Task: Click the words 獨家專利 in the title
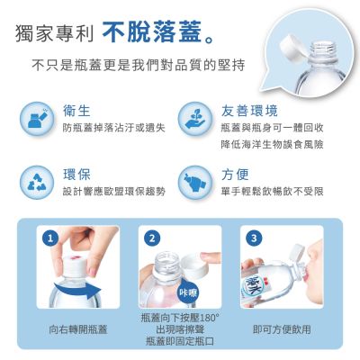[55, 33]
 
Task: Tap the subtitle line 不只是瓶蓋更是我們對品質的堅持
[139, 65]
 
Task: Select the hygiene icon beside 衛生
[37, 119]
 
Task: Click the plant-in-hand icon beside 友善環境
[195, 119]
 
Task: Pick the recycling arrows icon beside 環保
[37, 183]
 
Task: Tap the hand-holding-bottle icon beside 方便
[195, 183]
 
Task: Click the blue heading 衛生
[76, 111]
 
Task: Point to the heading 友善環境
[249, 111]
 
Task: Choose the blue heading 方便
[235, 175]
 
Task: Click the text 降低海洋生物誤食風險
[273, 144]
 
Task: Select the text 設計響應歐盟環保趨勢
[114, 191]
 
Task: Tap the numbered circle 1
[50, 238]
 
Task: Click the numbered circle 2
[152, 238]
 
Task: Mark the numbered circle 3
[254, 238]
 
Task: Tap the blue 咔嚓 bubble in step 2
[188, 292]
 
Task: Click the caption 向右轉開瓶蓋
[78, 329]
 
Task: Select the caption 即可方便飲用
[282, 329]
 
